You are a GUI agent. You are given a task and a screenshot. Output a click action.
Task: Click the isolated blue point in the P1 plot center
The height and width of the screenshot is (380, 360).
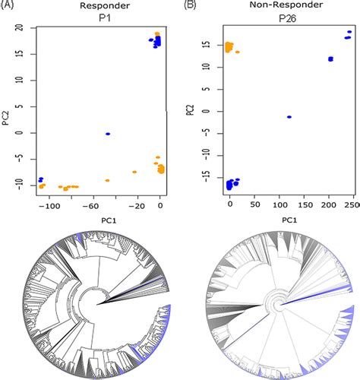(x=108, y=134)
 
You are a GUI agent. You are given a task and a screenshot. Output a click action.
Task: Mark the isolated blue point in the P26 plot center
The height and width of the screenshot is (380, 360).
(x=289, y=116)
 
